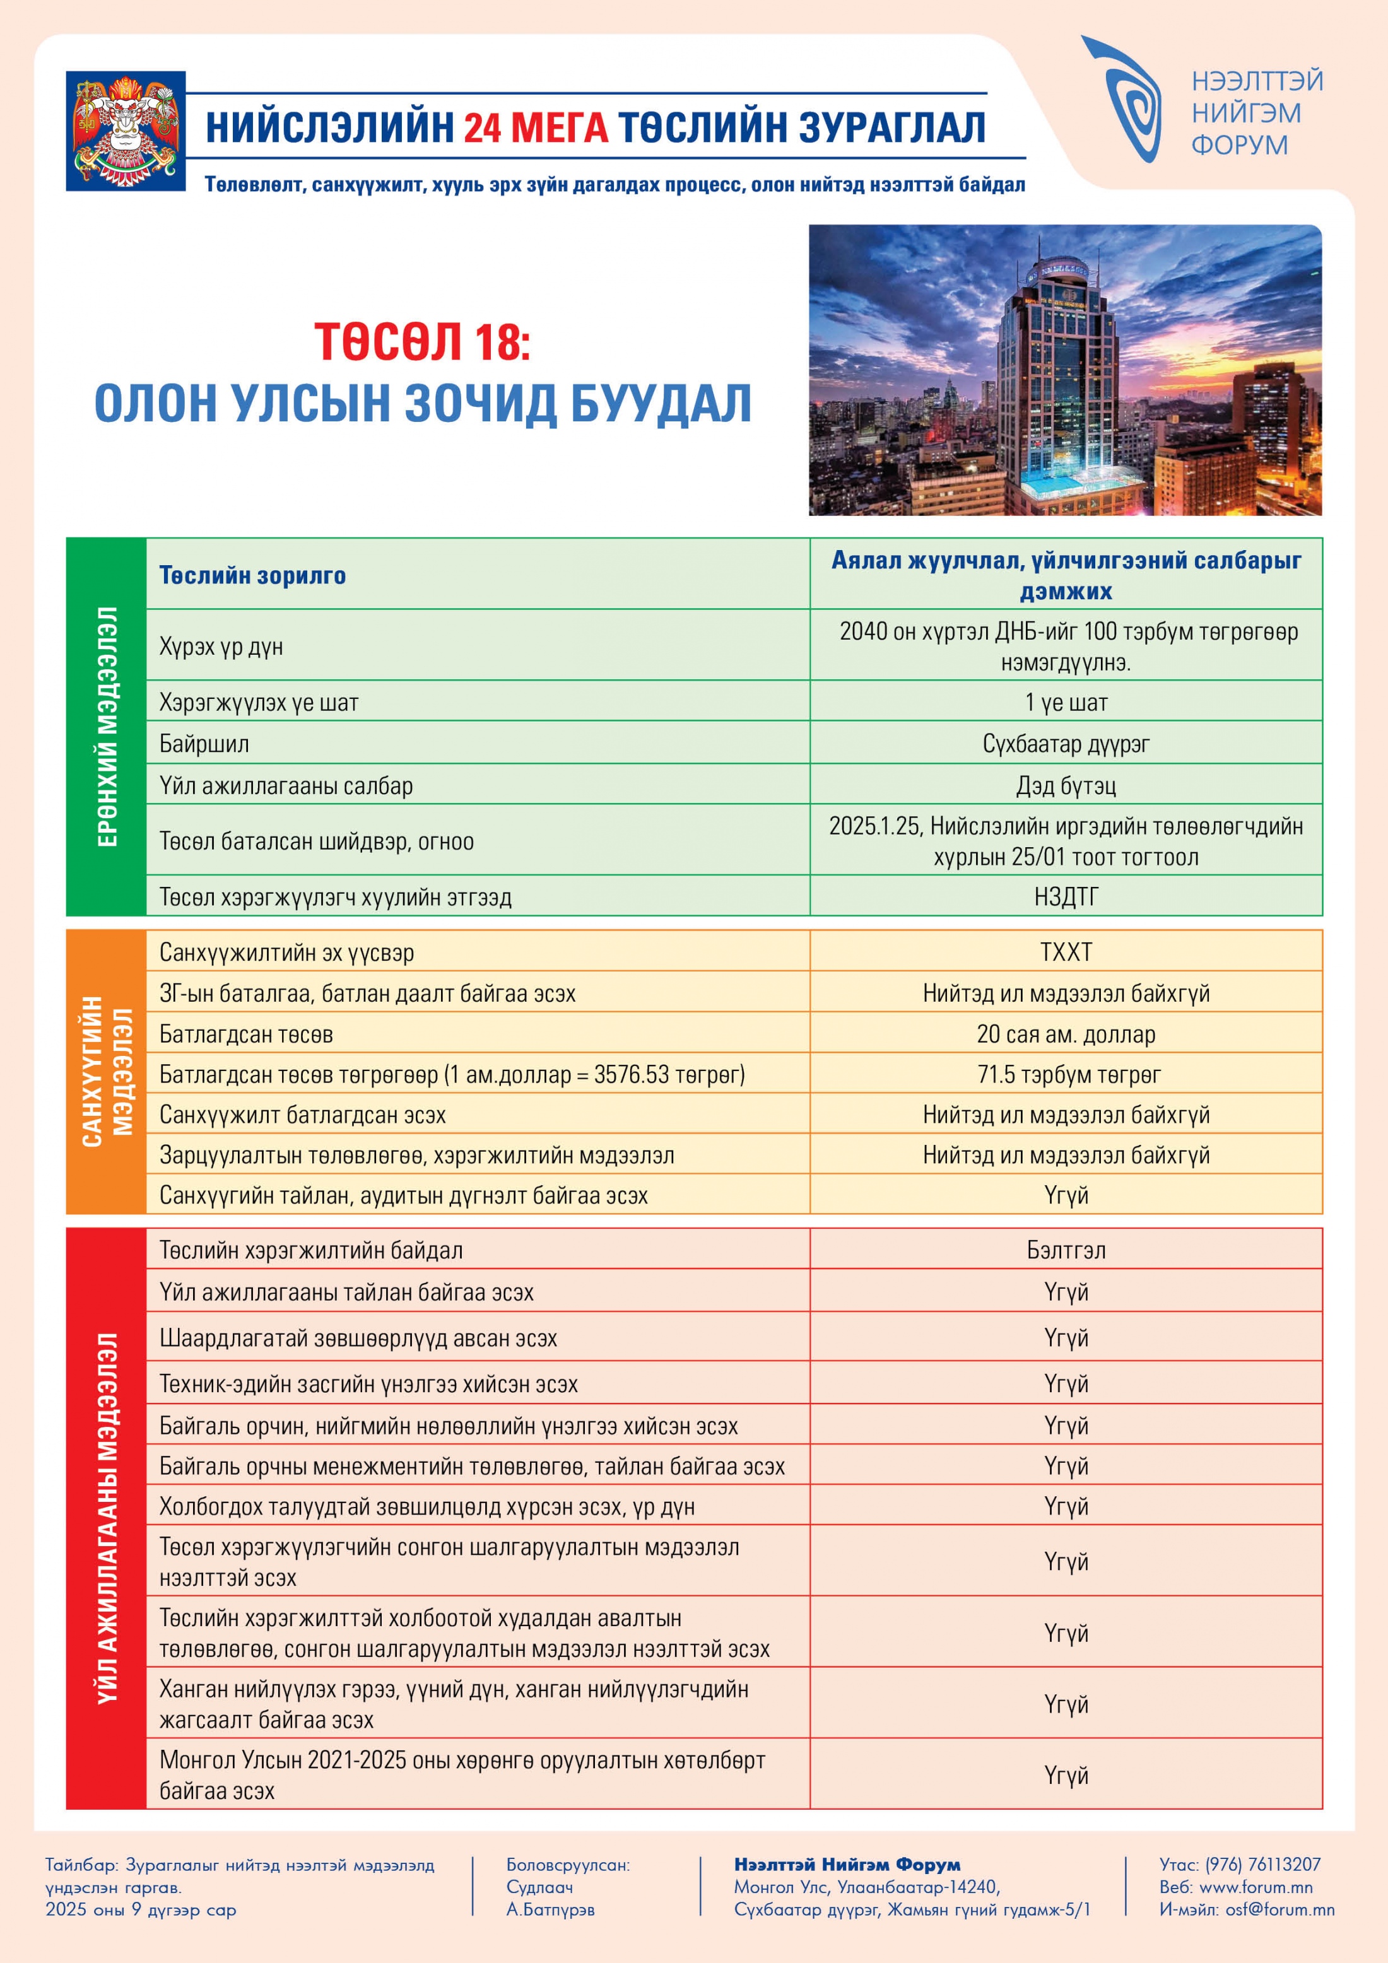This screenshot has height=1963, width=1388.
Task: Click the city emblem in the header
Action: point(126,131)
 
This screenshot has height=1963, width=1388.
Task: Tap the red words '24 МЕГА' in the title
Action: point(536,127)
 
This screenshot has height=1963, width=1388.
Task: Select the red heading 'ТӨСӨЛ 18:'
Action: point(421,341)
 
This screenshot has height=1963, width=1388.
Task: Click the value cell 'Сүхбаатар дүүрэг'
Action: point(1066,744)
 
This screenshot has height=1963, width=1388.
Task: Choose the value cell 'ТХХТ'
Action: point(1066,952)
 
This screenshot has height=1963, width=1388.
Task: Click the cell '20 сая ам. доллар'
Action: point(1066,1034)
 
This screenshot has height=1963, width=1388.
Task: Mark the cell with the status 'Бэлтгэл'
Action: point(1066,1250)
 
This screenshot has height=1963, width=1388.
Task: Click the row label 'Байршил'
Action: point(204,744)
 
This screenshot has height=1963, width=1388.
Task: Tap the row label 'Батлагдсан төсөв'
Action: point(246,1034)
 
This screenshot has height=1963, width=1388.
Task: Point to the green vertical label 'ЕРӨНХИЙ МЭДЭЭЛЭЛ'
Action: point(107,727)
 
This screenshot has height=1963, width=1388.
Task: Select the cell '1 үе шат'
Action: point(1066,703)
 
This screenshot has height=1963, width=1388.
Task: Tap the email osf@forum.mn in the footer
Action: point(1279,1910)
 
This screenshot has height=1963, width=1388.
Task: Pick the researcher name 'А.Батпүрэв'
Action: point(550,1910)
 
